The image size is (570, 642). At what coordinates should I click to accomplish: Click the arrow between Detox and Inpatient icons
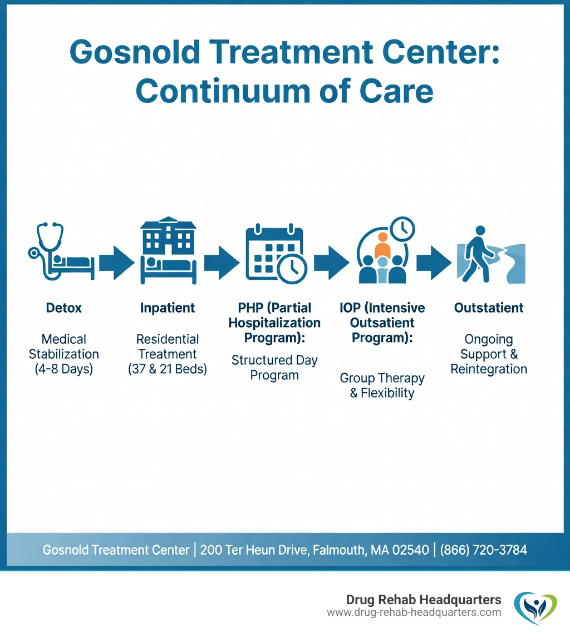pos(117,263)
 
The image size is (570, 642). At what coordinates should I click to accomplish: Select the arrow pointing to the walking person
pos(434,263)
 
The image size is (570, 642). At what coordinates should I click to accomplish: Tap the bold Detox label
pos(63,308)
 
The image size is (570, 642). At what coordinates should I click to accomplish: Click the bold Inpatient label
pos(168,308)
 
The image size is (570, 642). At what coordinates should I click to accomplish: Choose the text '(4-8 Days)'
pos(63,369)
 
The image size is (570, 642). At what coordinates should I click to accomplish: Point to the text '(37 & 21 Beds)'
pos(167,369)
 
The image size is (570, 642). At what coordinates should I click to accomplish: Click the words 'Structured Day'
pos(274,360)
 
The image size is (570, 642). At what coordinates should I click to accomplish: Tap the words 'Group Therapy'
pos(382,378)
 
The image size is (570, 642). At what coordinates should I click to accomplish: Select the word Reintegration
pos(489,369)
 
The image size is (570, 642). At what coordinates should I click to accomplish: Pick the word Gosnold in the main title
pos(135,52)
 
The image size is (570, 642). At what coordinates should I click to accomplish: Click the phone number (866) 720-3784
pos(484,550)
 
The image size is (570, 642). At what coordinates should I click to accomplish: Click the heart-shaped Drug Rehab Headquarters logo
pos(535,608)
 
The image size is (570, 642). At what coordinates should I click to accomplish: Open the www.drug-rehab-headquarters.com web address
pos(414,613)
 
